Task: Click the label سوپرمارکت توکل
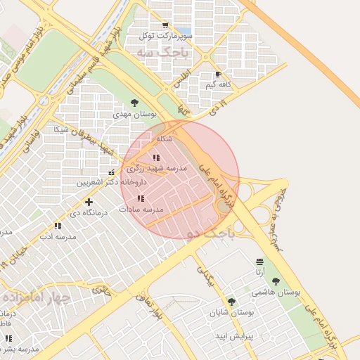point(163,36)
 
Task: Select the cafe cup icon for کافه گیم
point(218,74)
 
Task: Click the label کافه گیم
point(218,84)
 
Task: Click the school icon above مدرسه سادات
point(141,199)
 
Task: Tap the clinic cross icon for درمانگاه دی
point(89,202)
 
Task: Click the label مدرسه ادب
point(58,237)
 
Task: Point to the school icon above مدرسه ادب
point(58,226)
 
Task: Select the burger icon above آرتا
point(261,261)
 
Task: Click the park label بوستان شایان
point(231,312)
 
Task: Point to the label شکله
point(165,139)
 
